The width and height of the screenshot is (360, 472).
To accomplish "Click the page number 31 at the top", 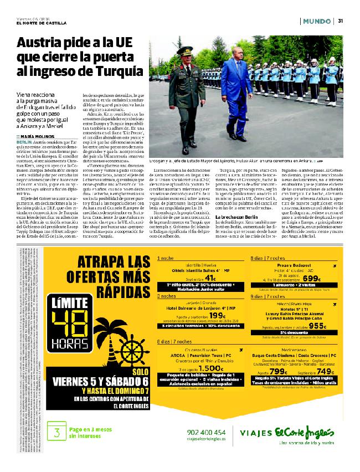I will point(341,21).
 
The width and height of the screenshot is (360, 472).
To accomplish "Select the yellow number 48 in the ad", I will point(74,321).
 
